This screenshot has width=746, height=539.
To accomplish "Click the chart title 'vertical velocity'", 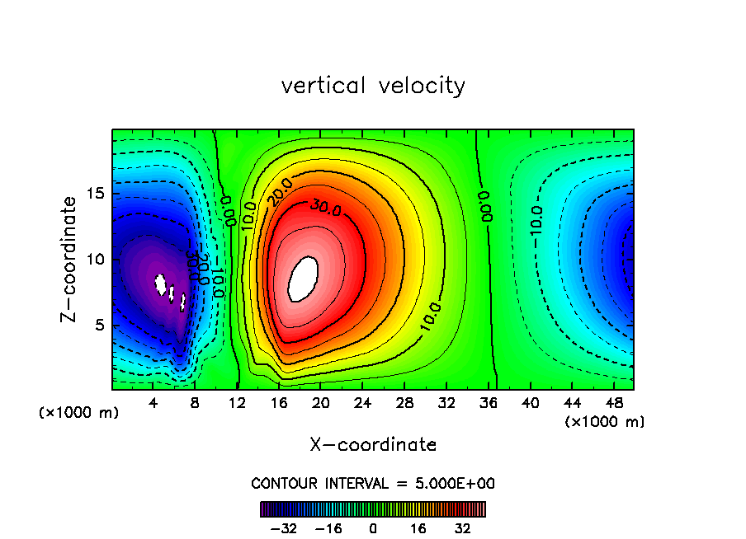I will tap(373, 86).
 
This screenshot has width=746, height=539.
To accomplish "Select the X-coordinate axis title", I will tap(373, 445).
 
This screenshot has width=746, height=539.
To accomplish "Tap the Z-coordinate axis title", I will tap(70, 260).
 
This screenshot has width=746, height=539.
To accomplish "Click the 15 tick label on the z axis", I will tap(95, 194).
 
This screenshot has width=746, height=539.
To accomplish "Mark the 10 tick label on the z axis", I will tap(95, 260).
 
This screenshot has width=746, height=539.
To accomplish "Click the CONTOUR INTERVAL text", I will tap(373, 483).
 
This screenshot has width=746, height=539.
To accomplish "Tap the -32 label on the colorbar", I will tap(283, 528).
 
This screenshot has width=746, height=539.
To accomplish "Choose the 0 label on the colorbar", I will tap(373, 528).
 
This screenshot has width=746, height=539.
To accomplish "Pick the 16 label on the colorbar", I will tap(418, 528).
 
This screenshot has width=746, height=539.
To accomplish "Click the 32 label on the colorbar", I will tap(463, 528).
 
